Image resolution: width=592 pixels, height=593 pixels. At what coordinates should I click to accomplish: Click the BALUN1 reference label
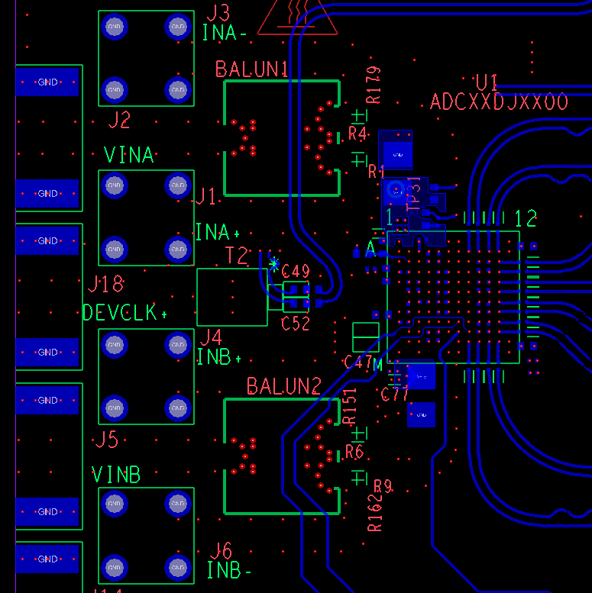(x=252, y=69)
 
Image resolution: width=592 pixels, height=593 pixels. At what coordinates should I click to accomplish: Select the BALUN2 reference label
(x=283, y=386)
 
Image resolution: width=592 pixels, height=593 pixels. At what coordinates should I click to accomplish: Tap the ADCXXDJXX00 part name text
(x=499, y=102)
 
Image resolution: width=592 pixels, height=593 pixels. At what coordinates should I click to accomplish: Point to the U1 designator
(x=486, y=82)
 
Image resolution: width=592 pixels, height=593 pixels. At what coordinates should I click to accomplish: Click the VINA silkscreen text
(x=128, y=156)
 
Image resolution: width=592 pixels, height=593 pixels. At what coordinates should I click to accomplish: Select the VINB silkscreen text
(x=116, y=475)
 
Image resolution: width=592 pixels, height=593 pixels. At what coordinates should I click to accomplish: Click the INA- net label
(x=225, y=33)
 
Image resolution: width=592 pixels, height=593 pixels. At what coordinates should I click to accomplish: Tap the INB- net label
(x=229, y=570)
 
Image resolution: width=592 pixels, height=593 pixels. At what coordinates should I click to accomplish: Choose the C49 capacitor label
(x=296, y=271)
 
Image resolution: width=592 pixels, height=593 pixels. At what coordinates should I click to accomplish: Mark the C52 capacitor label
(x=296, y=324)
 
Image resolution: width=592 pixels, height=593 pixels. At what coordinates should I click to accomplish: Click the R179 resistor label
(x=374, y=85)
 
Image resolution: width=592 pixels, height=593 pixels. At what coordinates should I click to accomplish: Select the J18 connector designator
(x=105, y=285)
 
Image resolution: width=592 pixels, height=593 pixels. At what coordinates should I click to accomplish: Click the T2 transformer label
(x=237, y=256)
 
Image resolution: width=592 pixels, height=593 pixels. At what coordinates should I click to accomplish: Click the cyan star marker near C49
(x=274, y=264)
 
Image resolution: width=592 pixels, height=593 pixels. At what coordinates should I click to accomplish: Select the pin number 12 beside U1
(x=526, y=219)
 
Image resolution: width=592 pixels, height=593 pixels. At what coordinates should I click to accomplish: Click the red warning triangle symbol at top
(x=297, y=18)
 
